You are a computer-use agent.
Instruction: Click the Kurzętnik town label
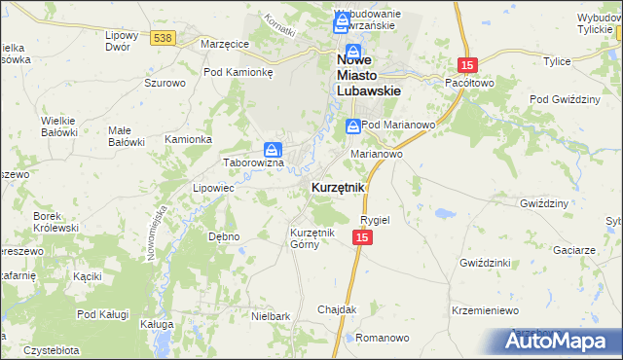(x=338, y=187)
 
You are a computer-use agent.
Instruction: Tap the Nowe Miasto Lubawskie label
(x=369, y=75)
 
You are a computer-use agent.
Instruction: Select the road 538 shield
(x=163, y=38)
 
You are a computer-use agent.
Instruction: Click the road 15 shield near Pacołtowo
(x=468, y=64)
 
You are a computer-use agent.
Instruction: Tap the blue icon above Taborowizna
(x=274, y=150)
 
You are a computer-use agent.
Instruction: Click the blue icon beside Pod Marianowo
(x=351, y=126)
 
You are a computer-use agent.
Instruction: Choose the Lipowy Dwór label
(x=124, y=41)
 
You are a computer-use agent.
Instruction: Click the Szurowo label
(x=165, y=84)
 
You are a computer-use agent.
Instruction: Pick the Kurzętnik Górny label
(x=312, y=238)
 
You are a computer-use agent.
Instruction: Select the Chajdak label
(x=337, y=309)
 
